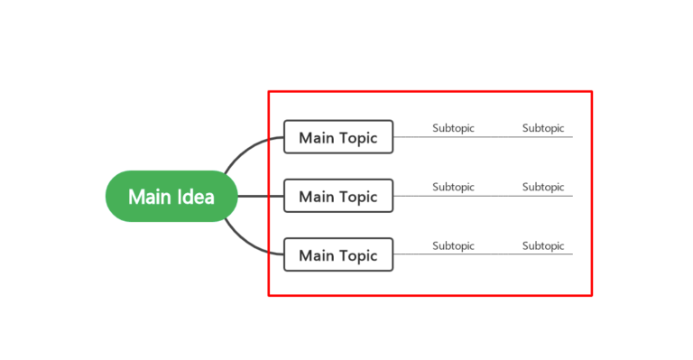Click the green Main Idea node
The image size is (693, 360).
(171, 196)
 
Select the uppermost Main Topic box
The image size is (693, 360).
(338, 137)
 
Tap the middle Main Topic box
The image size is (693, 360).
(338, 196)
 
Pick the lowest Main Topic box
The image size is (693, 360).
(338, 254)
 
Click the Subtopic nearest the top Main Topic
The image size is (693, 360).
(453, 129)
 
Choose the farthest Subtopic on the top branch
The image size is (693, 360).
(543, 129)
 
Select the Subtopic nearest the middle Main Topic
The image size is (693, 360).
(453, 188)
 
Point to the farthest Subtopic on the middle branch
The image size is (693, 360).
(543, 188)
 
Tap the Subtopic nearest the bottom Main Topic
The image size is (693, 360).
(453, 246)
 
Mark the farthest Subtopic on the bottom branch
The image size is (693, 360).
(543, 246)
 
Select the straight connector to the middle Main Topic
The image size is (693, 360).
(261, 196)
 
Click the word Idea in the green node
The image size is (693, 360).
(195, 196)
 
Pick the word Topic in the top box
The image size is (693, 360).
(359, 138)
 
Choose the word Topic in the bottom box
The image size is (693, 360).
(359, 255)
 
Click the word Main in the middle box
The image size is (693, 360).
(316, 197)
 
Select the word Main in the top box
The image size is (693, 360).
(316, 138)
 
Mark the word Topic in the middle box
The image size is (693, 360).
(359, 197)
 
